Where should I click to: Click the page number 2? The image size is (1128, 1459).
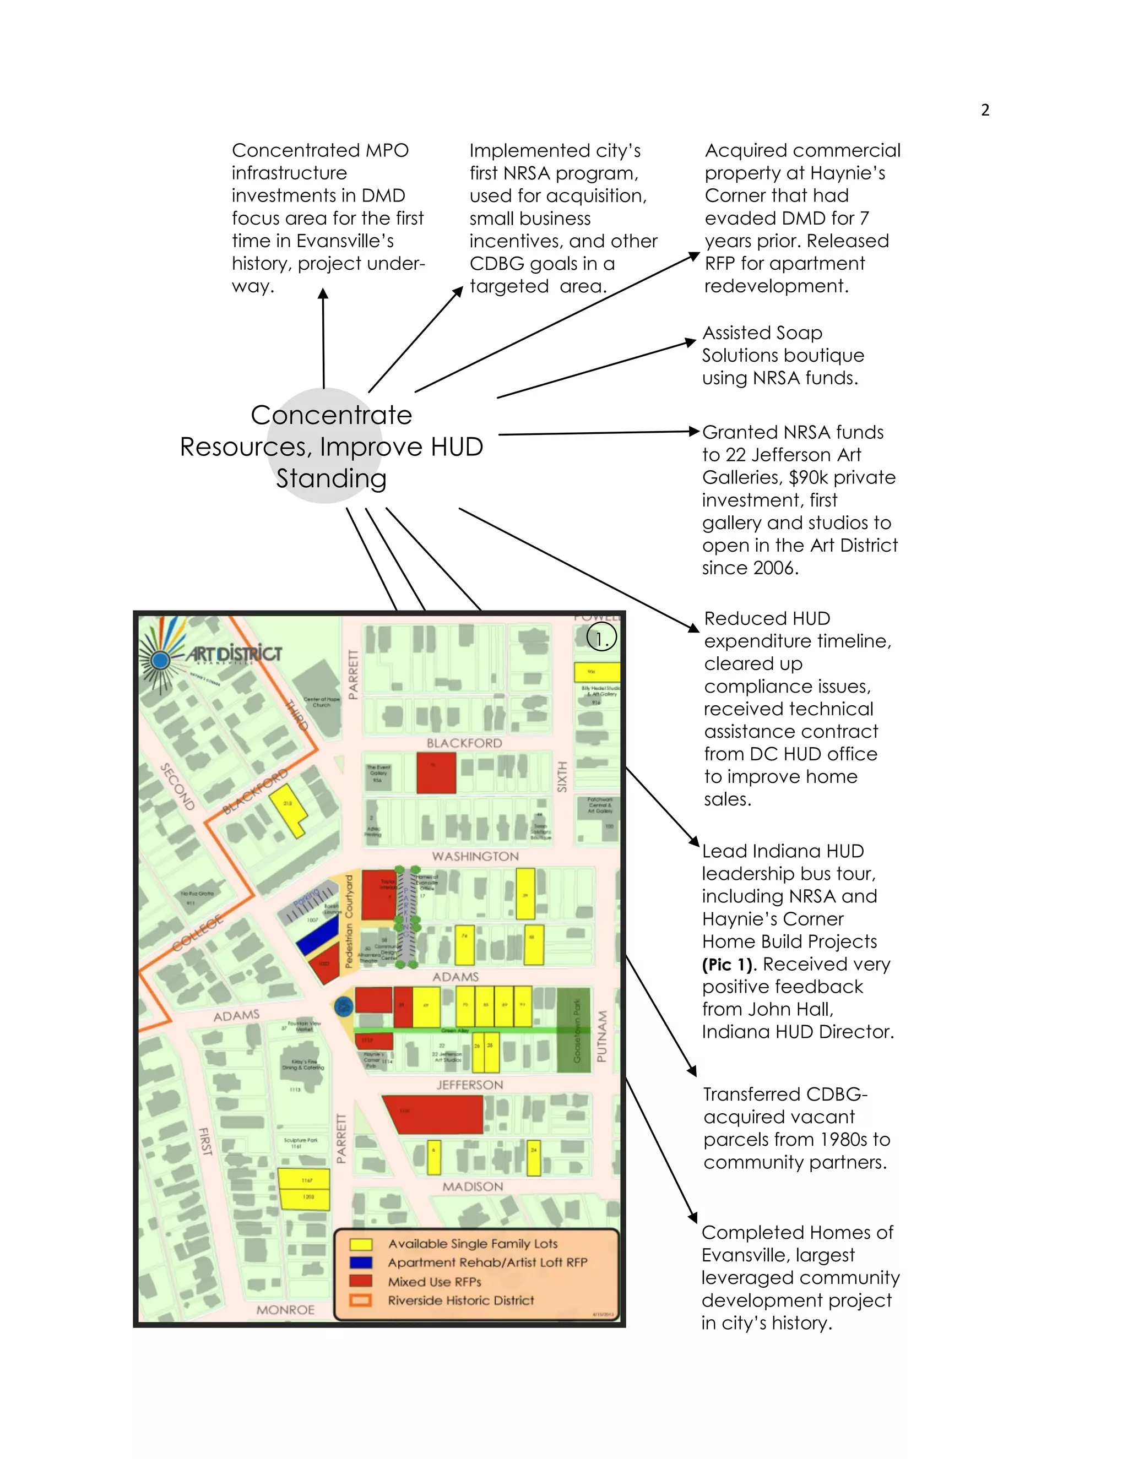coord(985,110)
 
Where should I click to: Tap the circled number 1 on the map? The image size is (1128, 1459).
coord(601,639)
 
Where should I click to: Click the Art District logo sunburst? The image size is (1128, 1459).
coord(160,660)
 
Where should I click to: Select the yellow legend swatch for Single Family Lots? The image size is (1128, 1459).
coord(361,1244)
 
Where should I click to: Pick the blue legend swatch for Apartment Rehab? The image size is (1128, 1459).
coord(361,1262)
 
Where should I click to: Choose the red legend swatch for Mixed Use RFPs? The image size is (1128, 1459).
coord(361,1281)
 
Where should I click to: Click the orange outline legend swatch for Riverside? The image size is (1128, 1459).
coord(361,1300)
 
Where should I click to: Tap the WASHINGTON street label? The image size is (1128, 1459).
coord(475,857)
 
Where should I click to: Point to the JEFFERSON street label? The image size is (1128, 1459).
coord(470,1085)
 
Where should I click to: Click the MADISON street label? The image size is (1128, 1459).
coord(473,1186)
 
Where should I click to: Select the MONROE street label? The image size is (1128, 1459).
coord(285,1309)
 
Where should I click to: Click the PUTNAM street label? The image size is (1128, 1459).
coord(601,1036)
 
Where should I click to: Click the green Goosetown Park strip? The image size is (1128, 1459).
coord(574,1030)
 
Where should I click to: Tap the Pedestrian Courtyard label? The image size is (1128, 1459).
coord(349,922)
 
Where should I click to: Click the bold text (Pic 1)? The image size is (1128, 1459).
coord(730,964)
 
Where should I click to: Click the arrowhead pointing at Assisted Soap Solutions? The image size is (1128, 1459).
coord(692,342)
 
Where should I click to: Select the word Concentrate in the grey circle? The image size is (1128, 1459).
coord(332,415)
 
